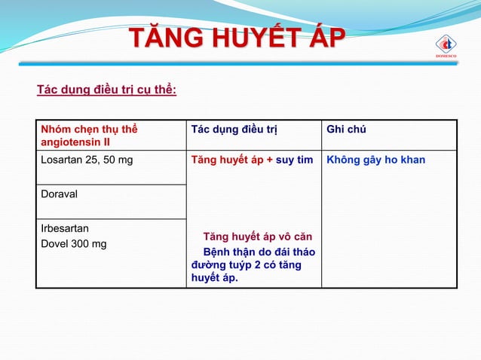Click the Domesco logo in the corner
[x=445, y=44]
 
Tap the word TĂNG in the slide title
[x=161, y=38]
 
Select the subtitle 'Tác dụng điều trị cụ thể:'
[x=107, y=91]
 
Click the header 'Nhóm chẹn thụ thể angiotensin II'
[x=90, y=135]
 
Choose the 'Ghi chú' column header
[x=346, y=130]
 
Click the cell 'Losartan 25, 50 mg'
[x=86, y=160]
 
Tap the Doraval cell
[x=60, y=194]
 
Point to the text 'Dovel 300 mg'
[x=74, y=243]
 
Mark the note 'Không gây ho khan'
[x=375, y=160]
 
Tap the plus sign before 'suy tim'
[x=270, y=160]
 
